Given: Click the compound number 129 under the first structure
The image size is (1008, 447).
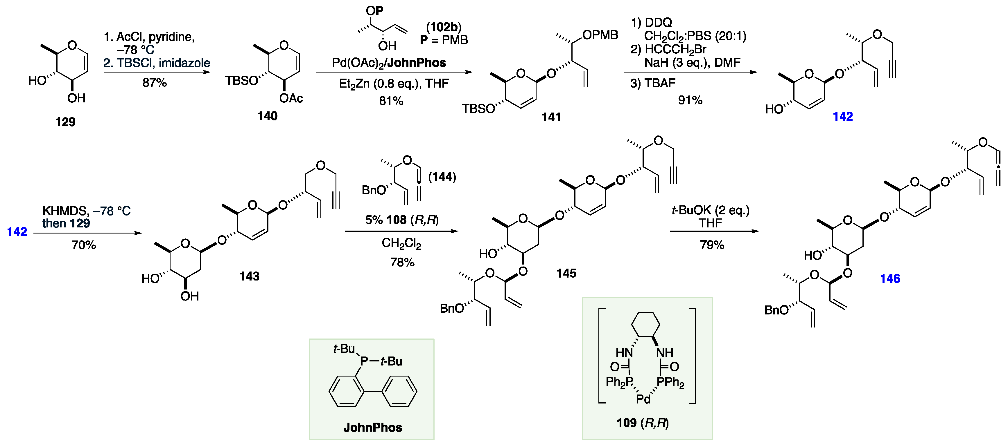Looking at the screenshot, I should [x=65, y=122].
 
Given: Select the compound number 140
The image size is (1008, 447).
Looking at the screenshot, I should [x=267, y=116].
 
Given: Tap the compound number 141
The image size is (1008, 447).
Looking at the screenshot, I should [x=551, y=117].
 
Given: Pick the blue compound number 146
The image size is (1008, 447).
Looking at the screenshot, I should [x=890, y=278].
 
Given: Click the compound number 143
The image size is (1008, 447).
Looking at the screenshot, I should [x=249, y=276].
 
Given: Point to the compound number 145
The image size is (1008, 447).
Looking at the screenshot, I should [x=566, y=273].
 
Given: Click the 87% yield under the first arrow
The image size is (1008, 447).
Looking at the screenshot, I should [x=155, y=83].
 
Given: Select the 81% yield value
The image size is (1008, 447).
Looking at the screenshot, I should [x=391, y=101].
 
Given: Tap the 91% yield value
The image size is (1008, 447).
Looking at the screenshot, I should [x=690, y=100].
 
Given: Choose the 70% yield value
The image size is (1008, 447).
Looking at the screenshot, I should [x=84, y=245].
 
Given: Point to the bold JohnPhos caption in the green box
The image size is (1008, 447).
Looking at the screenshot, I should [x=372, y=428].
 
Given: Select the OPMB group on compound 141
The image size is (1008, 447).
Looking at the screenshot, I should [x=600, y=35].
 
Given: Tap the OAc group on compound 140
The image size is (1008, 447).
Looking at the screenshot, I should [x=291, y=98].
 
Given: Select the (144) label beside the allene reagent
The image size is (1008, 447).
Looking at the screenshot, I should [x=442, y=177].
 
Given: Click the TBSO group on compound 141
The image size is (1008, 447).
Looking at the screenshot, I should [x=478, y=108].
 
